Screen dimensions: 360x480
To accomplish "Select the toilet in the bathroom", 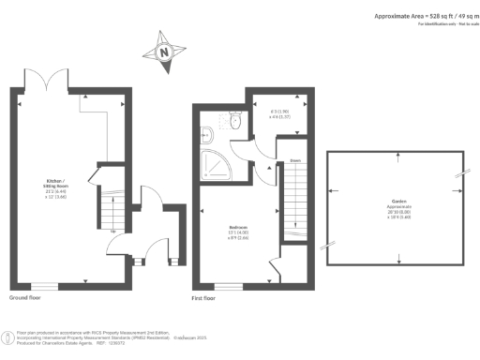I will (234, 121).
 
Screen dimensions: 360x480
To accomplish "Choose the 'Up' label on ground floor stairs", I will (113, 231).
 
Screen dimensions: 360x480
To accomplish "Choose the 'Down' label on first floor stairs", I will (295, 160).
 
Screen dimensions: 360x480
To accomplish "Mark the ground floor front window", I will (43, 284).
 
